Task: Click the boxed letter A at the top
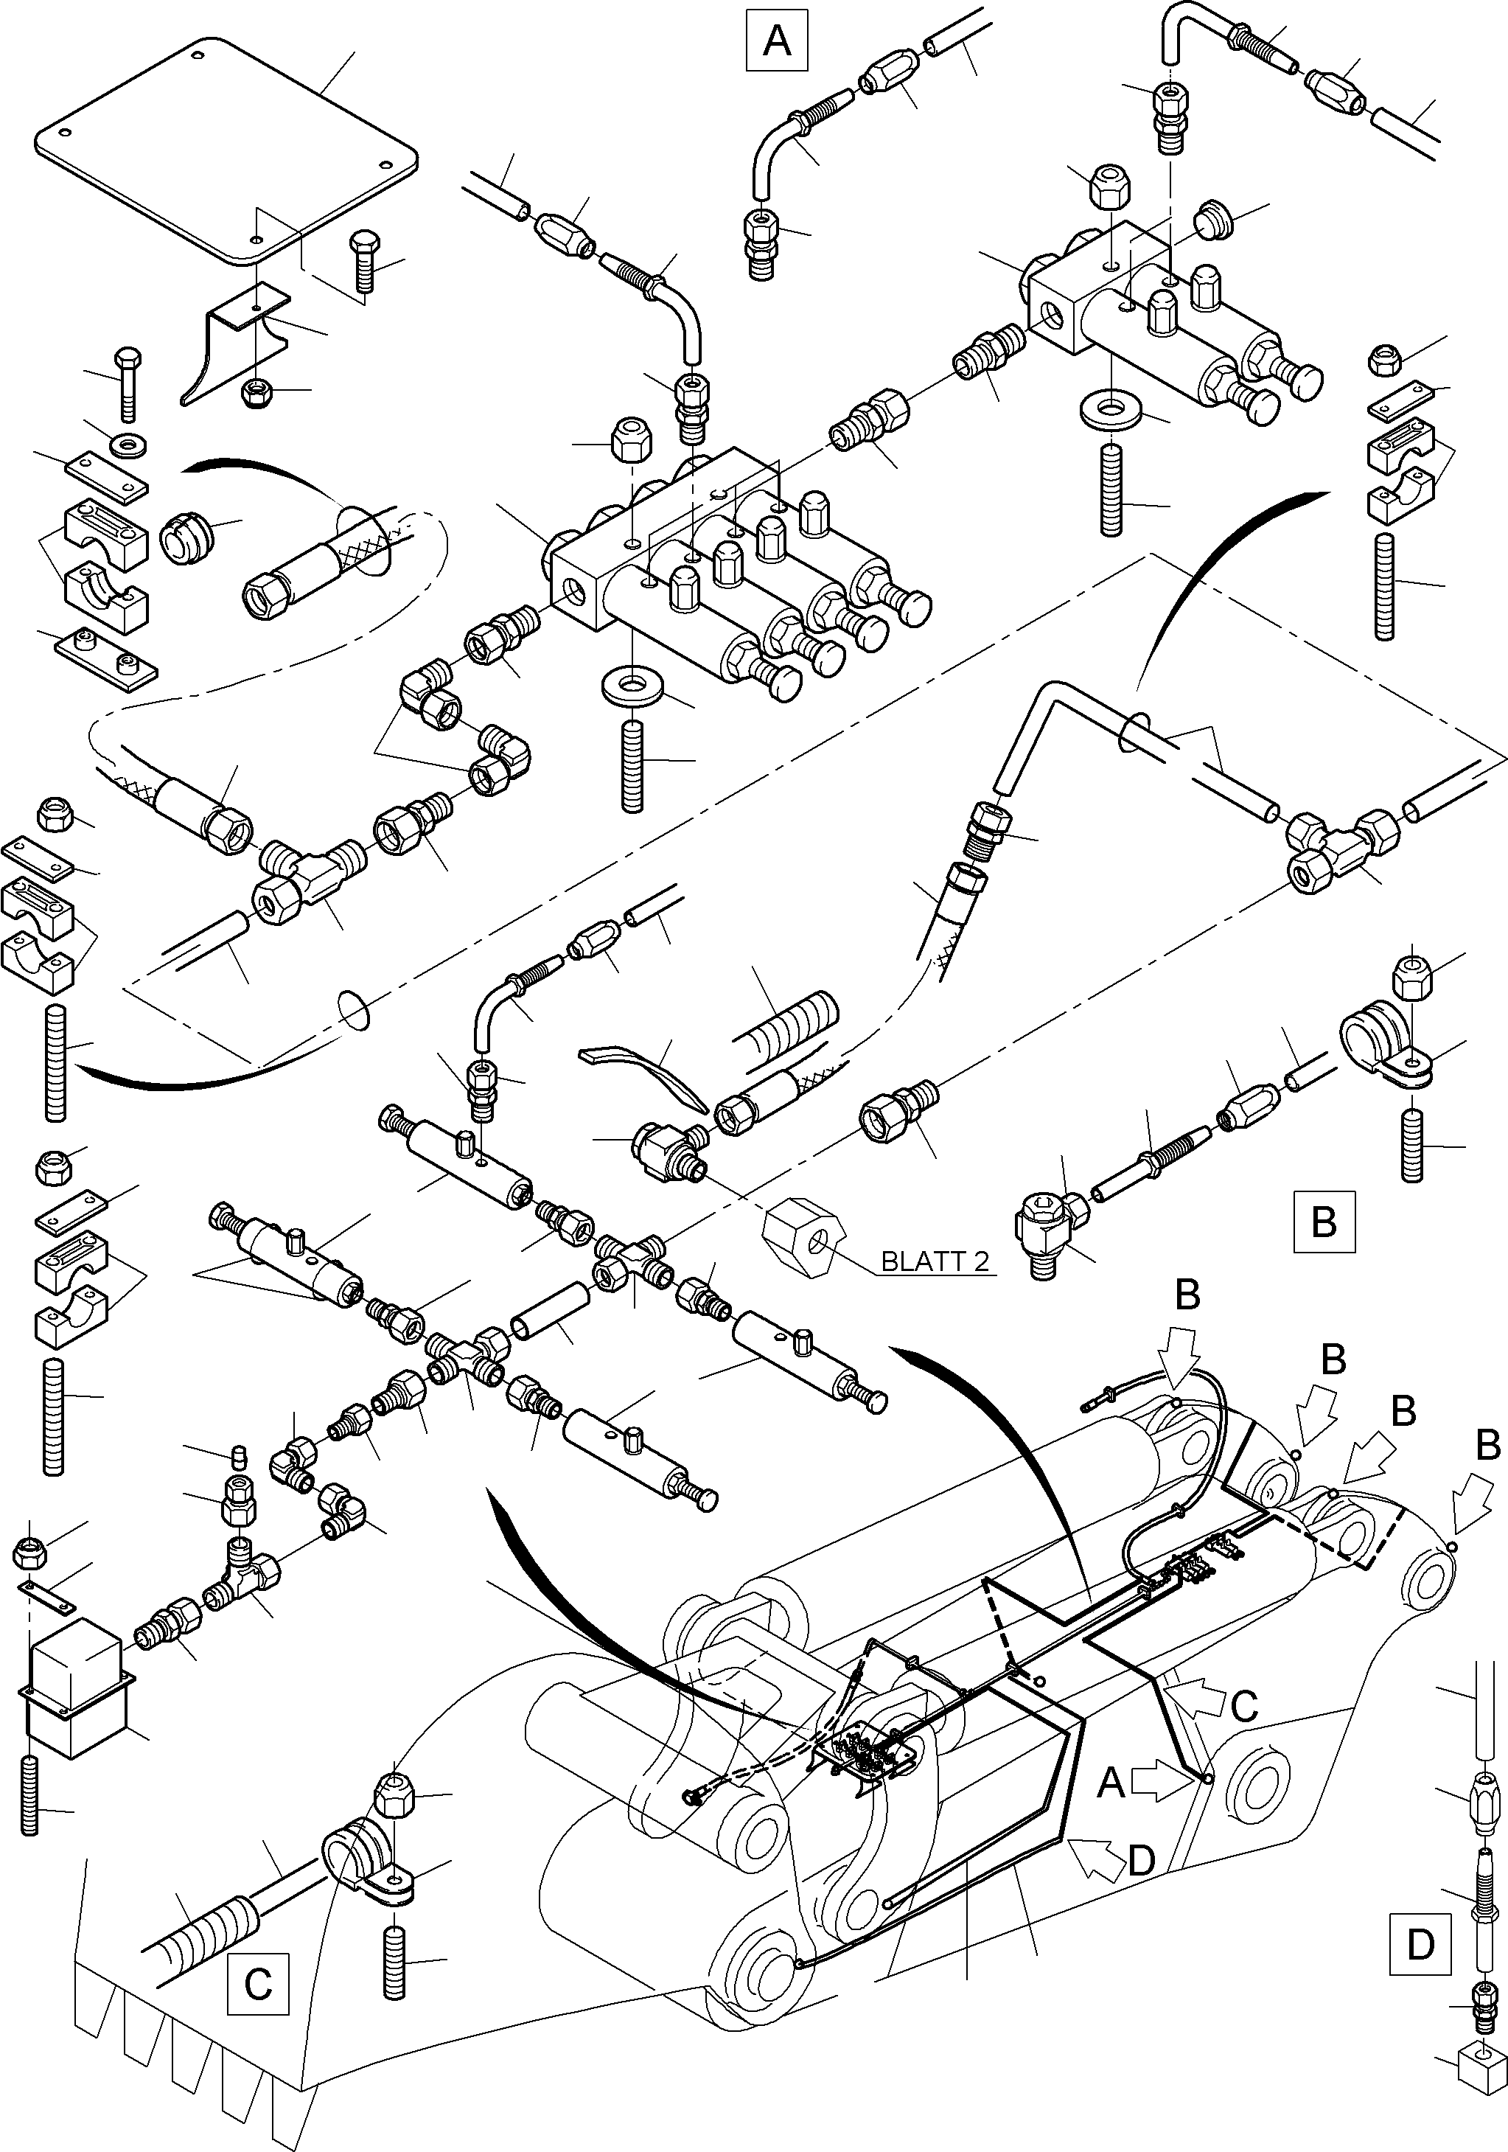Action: (x=776, y=41)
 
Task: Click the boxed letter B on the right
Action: (x=1323, y=1222)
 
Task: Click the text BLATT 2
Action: (x=935, y=1261)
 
